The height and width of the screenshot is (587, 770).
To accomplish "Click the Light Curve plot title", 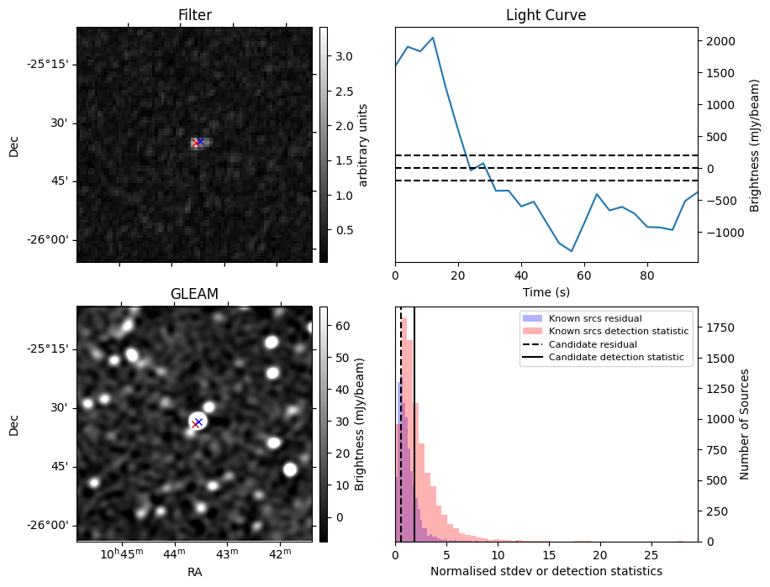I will [546, 15].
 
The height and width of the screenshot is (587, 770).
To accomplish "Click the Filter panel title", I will [194, 15].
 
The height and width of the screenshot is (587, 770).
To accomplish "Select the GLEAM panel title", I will [194, 294].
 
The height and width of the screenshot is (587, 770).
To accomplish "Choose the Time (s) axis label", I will [546, 291].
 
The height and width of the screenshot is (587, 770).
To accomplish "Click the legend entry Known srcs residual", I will [595, 318].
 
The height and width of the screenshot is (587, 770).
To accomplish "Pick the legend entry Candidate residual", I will [593, 344].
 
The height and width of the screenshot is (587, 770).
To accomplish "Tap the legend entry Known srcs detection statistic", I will [619, 332].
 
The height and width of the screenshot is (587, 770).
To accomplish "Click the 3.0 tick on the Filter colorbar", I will [343, 56].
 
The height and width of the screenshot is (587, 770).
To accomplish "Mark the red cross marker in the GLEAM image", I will [195, 424].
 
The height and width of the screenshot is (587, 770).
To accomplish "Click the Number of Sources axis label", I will [745, 423].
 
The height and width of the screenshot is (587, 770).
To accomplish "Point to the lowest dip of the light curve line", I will [572, 251].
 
